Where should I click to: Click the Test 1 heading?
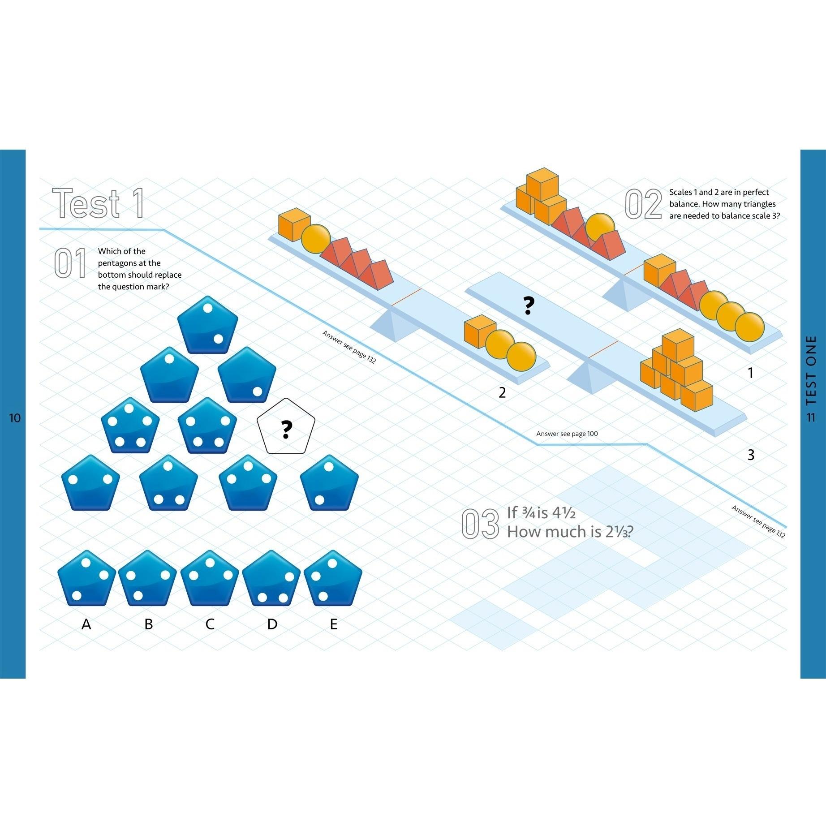click(99, 204)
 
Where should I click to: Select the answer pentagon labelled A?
click(86, 579)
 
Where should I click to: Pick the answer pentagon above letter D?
click(271, 579)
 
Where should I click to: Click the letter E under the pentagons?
click(333, 624)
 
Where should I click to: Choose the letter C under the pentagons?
click(210, 624)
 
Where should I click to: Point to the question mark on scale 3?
click(529, 306)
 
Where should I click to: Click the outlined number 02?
click(643, 205)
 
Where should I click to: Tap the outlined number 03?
click(480, 524)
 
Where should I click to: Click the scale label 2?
click(502, 393)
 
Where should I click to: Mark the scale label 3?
click(751, 455)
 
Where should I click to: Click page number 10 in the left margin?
click(15, 418)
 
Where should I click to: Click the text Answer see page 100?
click(567, 434)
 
